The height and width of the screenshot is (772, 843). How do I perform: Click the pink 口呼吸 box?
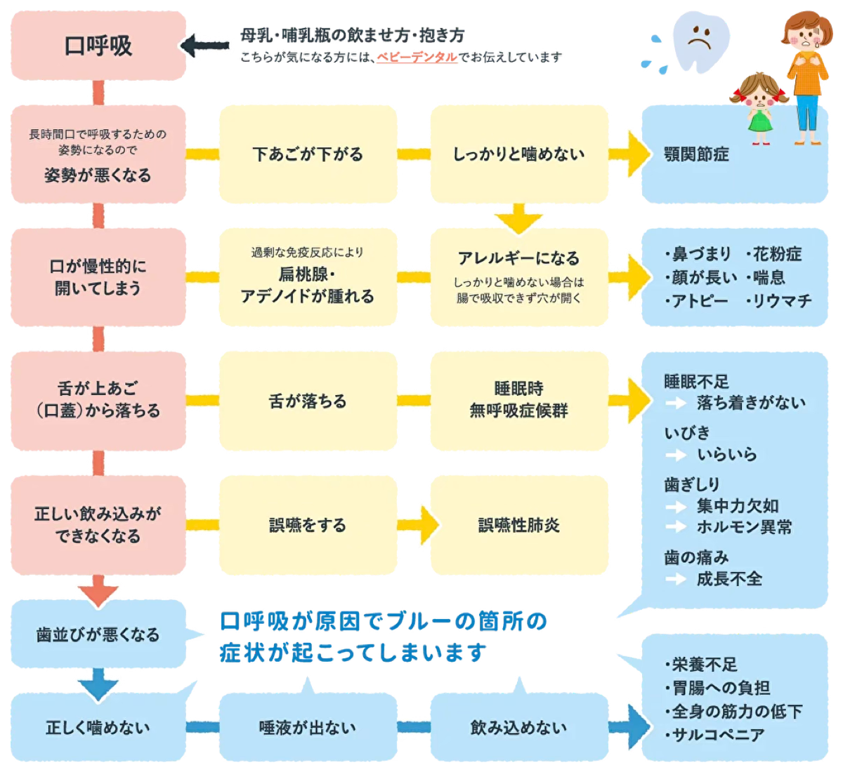pos(98,46)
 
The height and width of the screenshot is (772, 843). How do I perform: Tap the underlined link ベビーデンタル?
pos(417,58)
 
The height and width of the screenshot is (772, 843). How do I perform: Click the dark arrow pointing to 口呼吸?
pos(204,46)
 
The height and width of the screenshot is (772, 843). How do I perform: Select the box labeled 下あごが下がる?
pos(308,154)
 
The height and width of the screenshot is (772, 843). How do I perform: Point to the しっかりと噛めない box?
pos(518,154)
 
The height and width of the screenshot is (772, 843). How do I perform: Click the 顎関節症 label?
pos(696,154)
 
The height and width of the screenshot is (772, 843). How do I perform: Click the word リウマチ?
pos(782,301)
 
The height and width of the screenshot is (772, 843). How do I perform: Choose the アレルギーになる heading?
pos(518,258)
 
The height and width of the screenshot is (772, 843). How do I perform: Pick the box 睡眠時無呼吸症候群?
pos(518,400)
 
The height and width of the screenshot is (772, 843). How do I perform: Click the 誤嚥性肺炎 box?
pos(518,525)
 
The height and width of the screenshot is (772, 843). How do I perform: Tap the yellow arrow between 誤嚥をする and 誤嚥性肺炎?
pos(419,525)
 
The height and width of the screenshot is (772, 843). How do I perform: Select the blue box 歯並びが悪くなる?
pos(98,634)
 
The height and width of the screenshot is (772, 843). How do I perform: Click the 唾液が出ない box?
pos(308,728)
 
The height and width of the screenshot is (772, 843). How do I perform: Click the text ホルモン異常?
pos(744,527)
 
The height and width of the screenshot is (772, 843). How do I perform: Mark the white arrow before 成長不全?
pos(676,579)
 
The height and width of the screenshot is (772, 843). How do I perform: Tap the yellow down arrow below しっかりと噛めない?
pos(518,218)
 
